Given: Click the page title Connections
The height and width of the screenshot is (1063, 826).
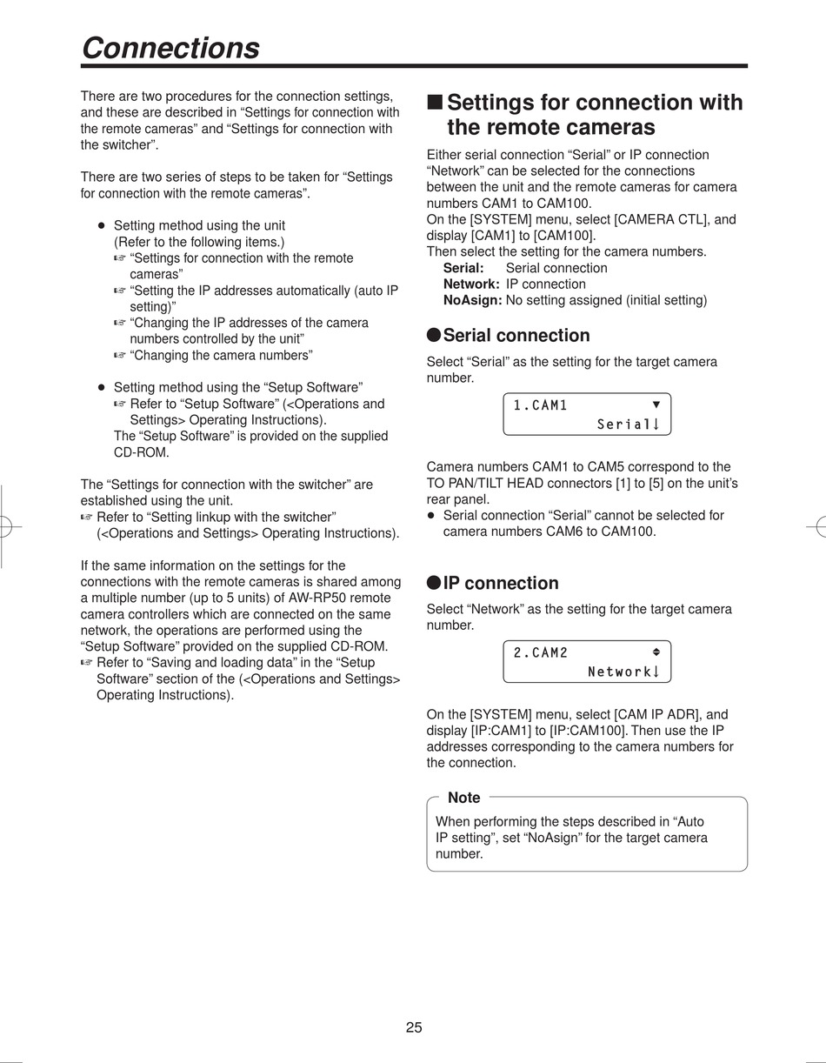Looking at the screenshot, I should [170, 48].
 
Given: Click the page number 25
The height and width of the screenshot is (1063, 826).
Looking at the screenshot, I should [414, 1027].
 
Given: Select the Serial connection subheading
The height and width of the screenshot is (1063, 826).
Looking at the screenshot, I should [516, 336].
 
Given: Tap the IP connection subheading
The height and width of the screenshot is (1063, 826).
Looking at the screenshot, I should [501, 584].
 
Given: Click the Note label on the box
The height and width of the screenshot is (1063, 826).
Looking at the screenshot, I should [463, 798].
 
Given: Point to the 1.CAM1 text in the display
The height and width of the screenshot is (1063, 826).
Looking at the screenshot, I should [540, 405].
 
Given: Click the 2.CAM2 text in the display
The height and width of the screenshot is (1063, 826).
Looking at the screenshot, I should [540, 653].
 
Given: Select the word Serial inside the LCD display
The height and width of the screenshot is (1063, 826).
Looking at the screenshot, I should [623, 425].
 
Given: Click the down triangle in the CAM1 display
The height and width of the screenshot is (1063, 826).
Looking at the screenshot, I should [656, 404].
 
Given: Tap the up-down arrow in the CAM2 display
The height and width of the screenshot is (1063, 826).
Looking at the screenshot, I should [656, 652].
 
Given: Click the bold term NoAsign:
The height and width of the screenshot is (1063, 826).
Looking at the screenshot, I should [472, 300].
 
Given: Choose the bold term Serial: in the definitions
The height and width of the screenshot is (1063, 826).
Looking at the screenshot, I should [463, 268].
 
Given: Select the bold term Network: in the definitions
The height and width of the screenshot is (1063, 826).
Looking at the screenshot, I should [471, 284].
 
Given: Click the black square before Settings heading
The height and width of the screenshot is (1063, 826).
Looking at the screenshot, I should [435, 103].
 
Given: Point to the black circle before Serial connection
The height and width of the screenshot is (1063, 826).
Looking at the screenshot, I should [434, 336].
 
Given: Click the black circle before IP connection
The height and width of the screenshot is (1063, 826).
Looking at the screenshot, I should [434, 584].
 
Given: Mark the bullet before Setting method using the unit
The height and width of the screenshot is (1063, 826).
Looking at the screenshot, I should [101, 225].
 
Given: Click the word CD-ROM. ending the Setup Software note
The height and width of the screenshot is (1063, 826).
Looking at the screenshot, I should [142, 452].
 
